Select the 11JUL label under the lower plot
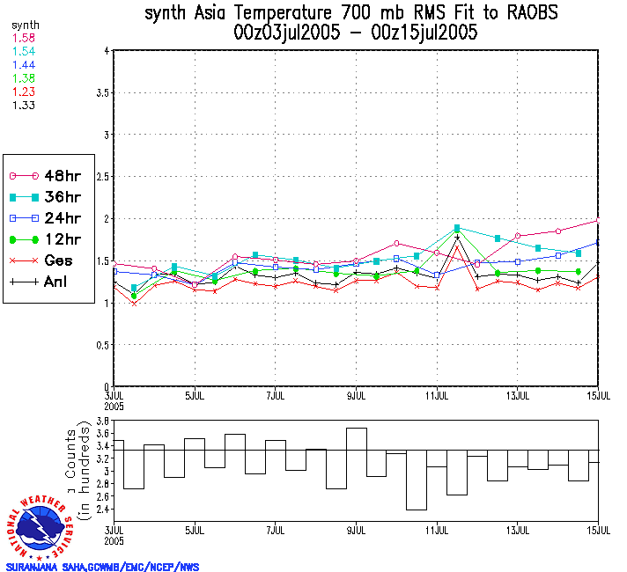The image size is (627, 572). coord(437,530)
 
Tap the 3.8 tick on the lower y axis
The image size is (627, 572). coord(101,422)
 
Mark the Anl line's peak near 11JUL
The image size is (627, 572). coord(457,236)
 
